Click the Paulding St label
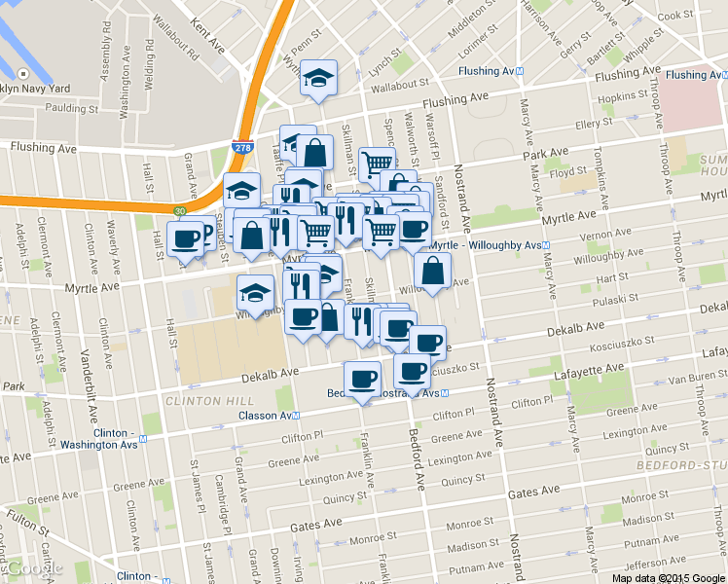click(76, 108)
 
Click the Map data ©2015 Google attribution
click(668, 577)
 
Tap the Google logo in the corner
click(32, 568)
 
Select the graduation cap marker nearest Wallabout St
click(318, 77)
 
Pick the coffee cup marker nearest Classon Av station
click(362, 379)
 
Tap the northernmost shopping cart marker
click(376, 163)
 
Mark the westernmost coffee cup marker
click(184, 237)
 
